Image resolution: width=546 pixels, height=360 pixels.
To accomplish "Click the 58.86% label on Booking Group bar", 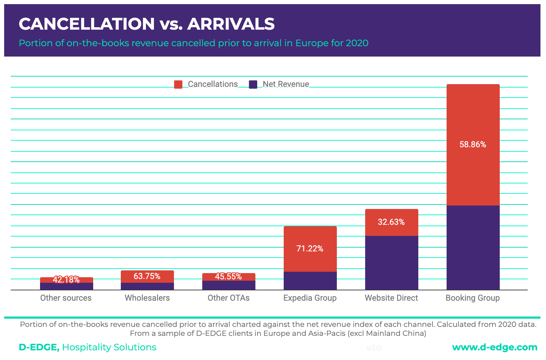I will [x=472, y=144].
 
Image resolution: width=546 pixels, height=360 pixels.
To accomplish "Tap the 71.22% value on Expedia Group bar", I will [x=310, y=249].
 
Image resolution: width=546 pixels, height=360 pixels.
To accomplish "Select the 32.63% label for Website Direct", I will [x=391, y=222].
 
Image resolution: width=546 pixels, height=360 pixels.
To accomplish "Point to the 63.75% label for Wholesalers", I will [x=147, y=276].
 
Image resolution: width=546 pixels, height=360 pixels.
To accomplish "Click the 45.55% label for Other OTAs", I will [x=228, y=277].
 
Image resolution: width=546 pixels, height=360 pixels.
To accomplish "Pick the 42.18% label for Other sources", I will [x=66, y=280].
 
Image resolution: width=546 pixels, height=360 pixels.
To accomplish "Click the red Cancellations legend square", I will [x=178, y=84].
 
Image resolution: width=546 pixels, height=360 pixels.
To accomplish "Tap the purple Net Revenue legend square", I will [x=253, y=84].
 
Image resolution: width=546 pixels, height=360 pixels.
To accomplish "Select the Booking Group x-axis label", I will [x=472, y=298].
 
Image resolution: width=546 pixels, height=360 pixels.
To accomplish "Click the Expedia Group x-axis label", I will [x=310, y=298].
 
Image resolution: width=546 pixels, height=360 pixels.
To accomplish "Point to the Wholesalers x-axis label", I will [x=147, y=298].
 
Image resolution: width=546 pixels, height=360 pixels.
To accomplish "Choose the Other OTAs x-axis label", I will [x=228, y=298].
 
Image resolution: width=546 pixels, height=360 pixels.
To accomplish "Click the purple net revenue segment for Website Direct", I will [x=391, y=263].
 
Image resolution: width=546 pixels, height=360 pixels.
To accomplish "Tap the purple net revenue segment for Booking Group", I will [x=473, y=248].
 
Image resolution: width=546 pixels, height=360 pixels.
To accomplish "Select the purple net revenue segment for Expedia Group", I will [x=310, y=281].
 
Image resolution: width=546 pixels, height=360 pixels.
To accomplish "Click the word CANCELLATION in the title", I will [x=87, y=24].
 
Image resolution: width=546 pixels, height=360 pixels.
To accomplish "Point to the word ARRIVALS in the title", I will [x=231, y=24].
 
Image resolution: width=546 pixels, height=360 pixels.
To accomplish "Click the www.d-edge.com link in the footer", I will [x=495, y=347].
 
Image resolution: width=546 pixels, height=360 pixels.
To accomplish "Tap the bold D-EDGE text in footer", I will [x=39, y=347].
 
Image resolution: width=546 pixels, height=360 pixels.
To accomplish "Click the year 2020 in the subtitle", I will [x=357, y=43].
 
